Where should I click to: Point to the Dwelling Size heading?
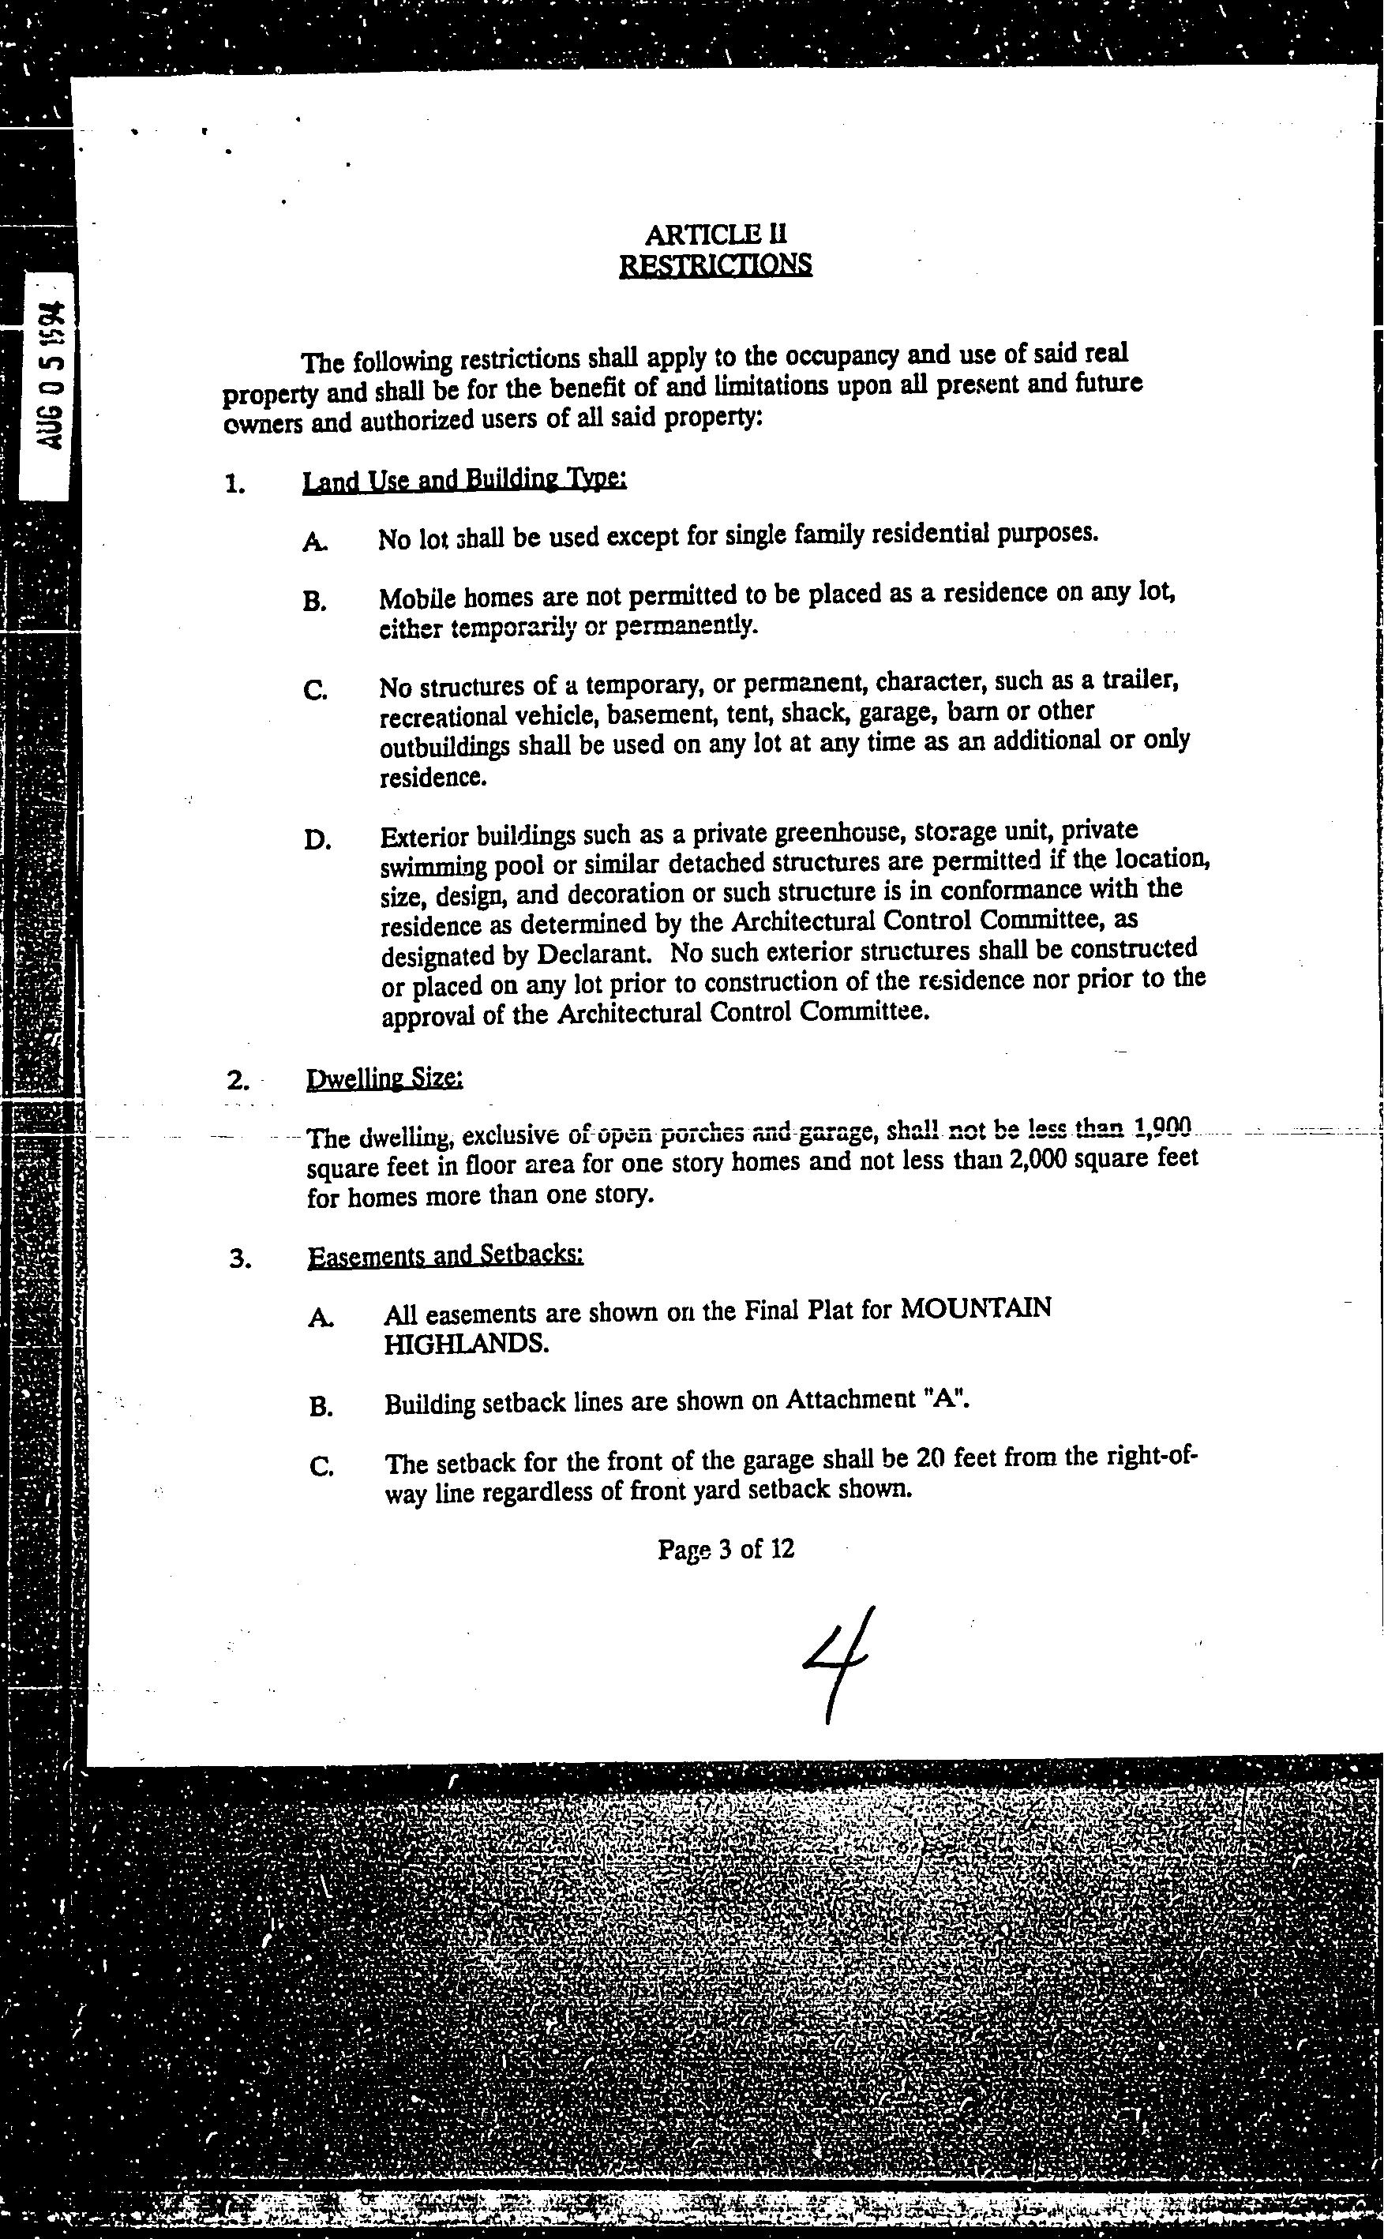[384, 1079]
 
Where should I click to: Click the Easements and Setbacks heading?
[444, 1255]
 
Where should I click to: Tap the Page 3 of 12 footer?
[726, 1549]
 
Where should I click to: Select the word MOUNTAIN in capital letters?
[976, 1307]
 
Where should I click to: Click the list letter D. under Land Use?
[317, 839]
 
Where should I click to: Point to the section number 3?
[240, 1258]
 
